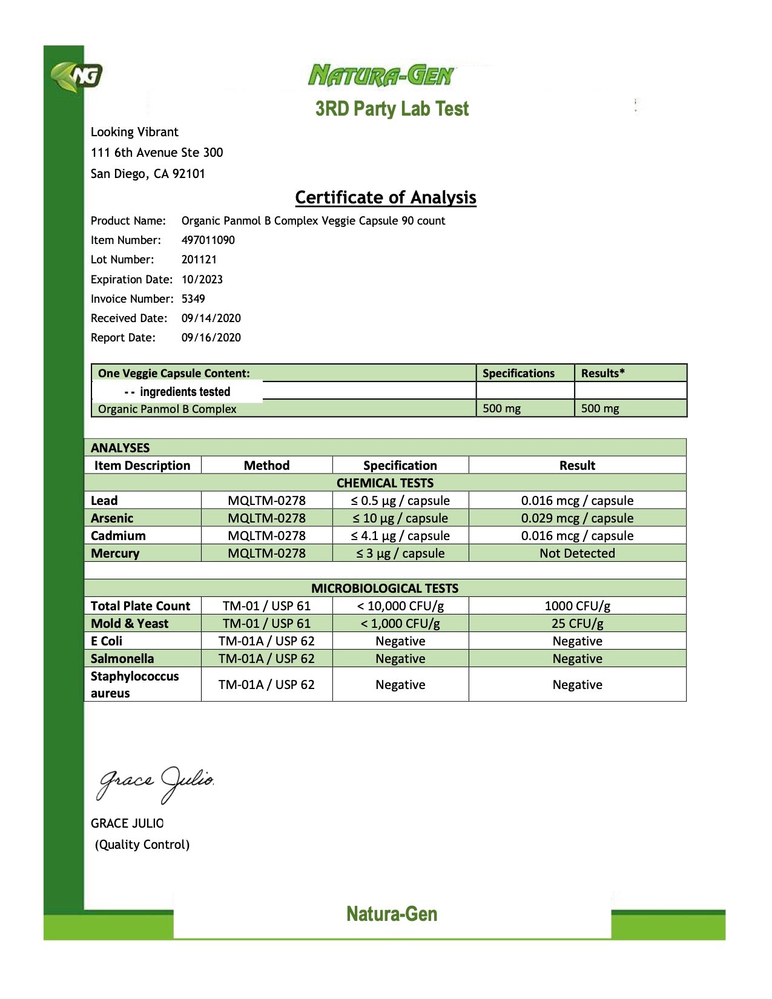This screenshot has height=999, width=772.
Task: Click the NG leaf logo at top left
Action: (x=77, y=77)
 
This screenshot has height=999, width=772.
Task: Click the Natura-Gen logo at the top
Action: (x=381, y=76)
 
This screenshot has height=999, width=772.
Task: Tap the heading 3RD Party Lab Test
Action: (x=392, y=109)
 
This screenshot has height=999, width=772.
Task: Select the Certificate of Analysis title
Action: (x=386, y=197)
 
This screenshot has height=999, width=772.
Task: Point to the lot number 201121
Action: (x=199, y=260)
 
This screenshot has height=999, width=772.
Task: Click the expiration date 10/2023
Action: (x=202, y=279)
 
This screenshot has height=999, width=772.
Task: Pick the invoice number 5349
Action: (x=193, y=298)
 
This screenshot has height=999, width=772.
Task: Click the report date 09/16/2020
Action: (x=211, y=337)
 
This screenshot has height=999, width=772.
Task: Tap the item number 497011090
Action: (x=208, y=240)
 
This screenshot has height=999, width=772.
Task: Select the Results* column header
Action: (x=603, y=373)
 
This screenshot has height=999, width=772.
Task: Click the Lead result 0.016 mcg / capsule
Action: (x=577, y=501)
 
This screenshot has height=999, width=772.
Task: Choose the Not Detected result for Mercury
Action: (x=577, y=553)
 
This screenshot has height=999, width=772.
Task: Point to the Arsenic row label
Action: (x=112, y=518)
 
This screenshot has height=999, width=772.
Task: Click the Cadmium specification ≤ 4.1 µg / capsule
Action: (x=400, y=536)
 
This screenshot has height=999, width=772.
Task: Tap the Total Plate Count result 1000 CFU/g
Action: (x=577, y=606)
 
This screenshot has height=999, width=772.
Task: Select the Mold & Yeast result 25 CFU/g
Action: (x=577, y=624)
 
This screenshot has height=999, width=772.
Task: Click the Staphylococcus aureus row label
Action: (x=134, y=684)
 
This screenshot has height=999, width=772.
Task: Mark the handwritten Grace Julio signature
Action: (x=156, y=782)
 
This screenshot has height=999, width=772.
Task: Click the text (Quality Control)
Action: (x=142, y=845)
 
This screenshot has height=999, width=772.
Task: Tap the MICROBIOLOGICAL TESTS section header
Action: (x=384, y=589)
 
